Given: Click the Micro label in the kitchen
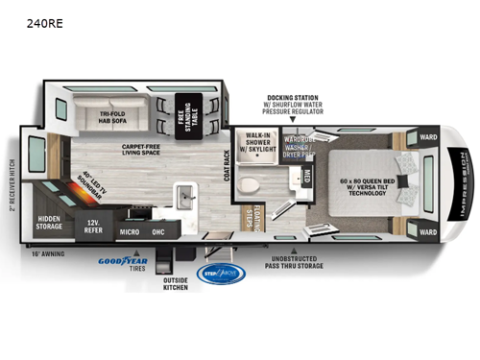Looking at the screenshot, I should coord(131,230).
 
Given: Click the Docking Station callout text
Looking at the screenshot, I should coord(296,105).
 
